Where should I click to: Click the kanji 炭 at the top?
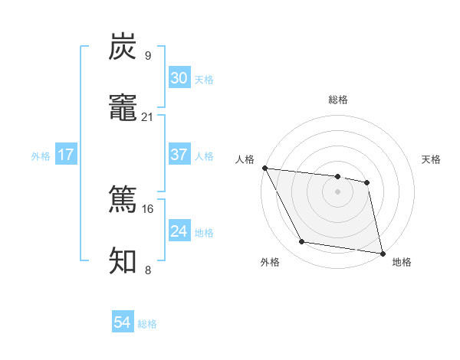tap(123, 47)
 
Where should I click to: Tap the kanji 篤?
tap(123, 201)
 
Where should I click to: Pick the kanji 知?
tap(123, 261)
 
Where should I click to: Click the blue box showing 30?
tap(179, 78)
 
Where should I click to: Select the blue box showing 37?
tap(179, 155)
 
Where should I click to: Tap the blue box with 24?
tap(179, 231)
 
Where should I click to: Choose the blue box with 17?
tap(66, 155)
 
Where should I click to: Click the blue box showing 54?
tap(123, 322)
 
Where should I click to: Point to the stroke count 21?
tap(147, 116)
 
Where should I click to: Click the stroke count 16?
tap(147, 208)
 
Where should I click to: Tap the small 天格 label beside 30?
tap(204, 80)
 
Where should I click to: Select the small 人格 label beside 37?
tap(204, 156)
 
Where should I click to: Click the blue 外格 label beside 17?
tap(41, 156)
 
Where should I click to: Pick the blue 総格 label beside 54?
tap(147, 324)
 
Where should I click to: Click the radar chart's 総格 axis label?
tap(338, 100)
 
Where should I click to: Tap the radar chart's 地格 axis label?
tap(402, 263)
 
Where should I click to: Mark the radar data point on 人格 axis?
tap(264, 168)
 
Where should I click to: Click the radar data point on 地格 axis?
tap(382, 252)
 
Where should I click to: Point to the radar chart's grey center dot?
tap(337, 191)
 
